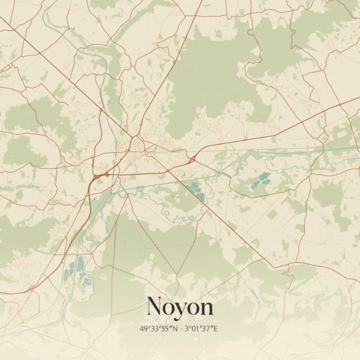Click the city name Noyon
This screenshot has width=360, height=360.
pyautogui.click(x=180, y=306)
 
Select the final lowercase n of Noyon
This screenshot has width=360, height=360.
pyautogui.click(x=206, y=308)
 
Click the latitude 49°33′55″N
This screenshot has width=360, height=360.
pyautogui.click(x=159, y=328)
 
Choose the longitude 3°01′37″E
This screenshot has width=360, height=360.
pyautogui.click(x=201, y=328)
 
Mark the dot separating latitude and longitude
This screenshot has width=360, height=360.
pyautogui.click(x=181, y=328)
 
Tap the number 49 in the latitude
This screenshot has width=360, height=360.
pyautogui.click(x=144, y=328)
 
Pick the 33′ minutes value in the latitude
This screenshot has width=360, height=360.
pyautogui.click(x=155, y=328)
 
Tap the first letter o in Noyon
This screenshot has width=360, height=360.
pyautogui.click(x=170, y=308)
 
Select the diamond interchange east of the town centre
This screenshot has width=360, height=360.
pyautogui.click(x=192, y=159)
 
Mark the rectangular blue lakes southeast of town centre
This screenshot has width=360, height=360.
pyautogui.click(x=195, y=191)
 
